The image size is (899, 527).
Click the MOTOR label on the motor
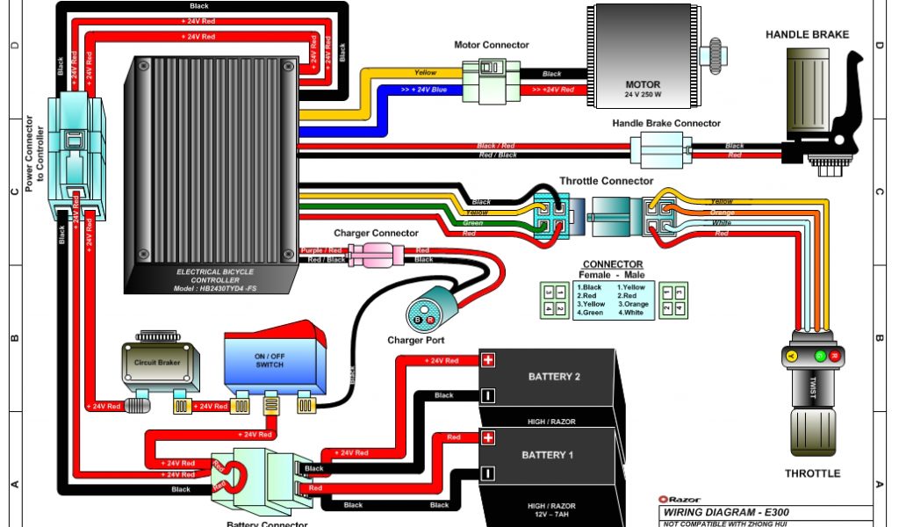pos(643,84)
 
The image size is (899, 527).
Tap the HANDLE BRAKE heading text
pos(807,34)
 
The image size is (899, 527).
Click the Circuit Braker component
pos(156,362)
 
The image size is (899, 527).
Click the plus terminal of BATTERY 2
pos(489,359)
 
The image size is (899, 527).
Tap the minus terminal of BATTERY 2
pos(489,395)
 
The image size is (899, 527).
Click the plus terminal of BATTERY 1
pos(489,437)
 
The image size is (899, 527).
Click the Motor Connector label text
pos(491,45)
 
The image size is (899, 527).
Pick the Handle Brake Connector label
pos(666,124)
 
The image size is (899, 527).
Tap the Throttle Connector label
pos(607,181)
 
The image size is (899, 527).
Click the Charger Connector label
pos(376,233)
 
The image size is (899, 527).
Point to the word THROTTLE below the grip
pos(811,473)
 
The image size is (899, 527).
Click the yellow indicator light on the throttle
pos(789,357)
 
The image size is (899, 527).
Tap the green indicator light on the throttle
pos(821,357)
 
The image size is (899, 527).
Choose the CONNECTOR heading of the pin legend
pos(612,264)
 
